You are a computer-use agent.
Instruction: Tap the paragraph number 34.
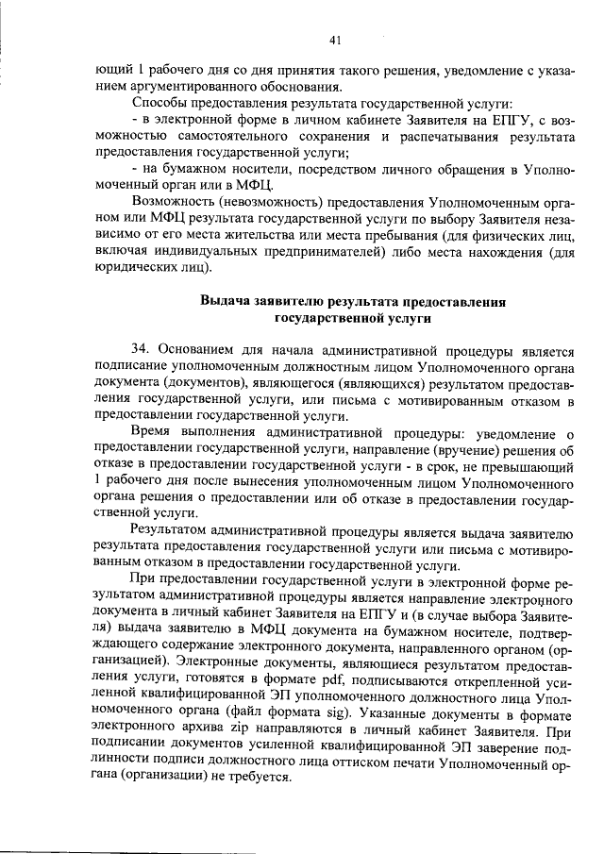pos(142,347)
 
